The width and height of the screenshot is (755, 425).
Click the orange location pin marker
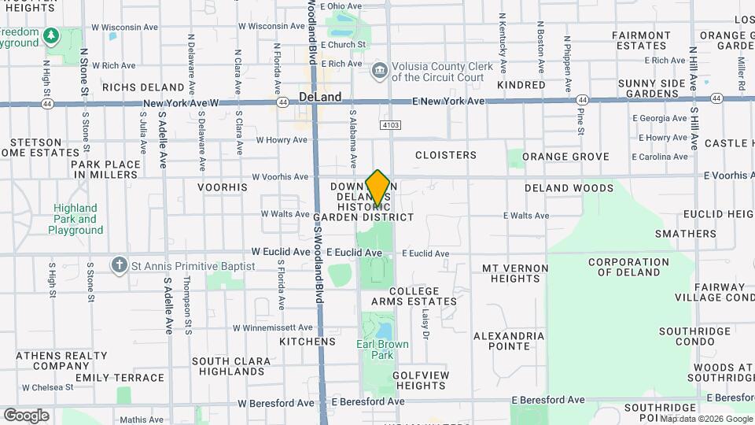(x=377, y=187)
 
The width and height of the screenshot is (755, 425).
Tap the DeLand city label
(x=320, y=97)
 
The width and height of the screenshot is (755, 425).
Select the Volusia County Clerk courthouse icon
(x=380, y=72)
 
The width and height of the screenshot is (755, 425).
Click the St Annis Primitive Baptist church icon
(x=119, y=265)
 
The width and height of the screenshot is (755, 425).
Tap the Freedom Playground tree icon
(x=52, y=35)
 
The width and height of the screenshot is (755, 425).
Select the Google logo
(x=27, y=415)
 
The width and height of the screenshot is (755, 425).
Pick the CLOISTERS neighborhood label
(x=445, y=155)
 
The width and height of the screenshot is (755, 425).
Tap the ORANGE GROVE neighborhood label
(x=565, y=157)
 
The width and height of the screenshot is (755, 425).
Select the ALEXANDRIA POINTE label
(x=508, y=341)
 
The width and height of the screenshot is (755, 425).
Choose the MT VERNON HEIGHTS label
(x=515, y=273)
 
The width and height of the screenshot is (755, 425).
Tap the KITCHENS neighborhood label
(x=308, y=342)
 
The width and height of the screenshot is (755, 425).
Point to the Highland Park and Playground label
(x=75, y=219)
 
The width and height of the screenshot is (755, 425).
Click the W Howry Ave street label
(x=282, y=140)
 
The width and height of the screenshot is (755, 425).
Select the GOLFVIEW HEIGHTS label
(x=421, y=380)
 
